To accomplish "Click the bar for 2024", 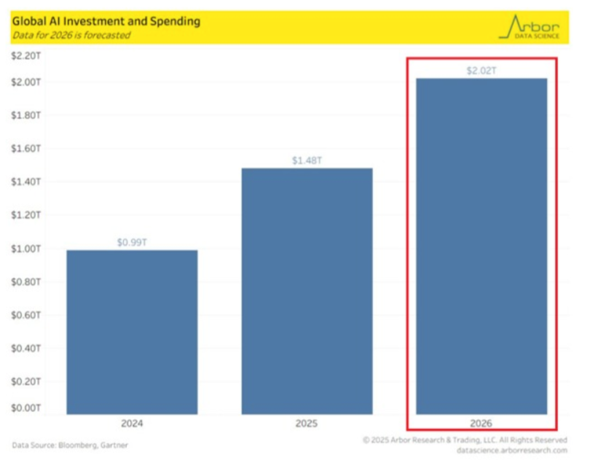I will coord(132,332).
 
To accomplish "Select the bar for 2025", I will coord(307,292).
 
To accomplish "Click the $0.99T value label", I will coord(132,241).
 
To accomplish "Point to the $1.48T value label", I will coord(307,160).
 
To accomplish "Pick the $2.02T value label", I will coord(481,71).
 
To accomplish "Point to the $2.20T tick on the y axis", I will coord(27,55).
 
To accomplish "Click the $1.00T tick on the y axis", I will coord(27,249).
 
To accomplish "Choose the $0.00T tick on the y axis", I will coord(27,408).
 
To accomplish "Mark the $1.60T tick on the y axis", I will coord(27,149).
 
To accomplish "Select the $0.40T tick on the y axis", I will coord(27,348).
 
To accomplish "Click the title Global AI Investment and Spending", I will coord(106,21).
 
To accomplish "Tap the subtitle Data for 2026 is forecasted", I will coord(71,35).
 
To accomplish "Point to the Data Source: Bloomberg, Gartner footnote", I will coord(65,444).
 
